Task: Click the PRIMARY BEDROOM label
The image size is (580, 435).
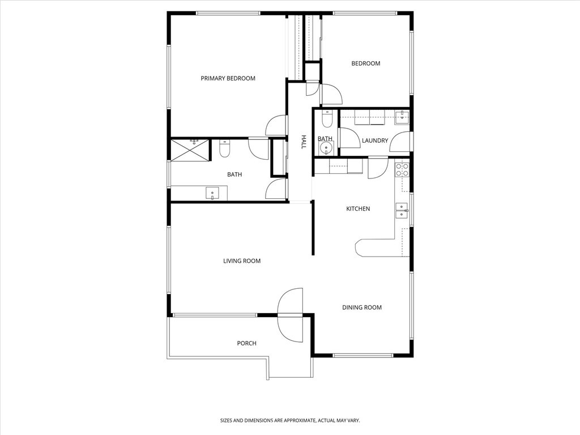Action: [228, 78]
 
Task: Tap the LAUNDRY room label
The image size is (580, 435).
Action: [375, 140]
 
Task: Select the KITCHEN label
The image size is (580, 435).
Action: [358, 208]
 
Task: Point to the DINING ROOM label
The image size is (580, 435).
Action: [362, 308]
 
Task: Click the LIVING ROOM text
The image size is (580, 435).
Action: [241, 261]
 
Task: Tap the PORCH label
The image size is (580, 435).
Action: [246, 343]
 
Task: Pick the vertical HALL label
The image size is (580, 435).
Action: [304, 142]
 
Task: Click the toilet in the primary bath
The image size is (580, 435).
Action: [224, 148]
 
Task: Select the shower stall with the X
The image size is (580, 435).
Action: [190, 150]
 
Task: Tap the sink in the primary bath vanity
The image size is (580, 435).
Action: [212, 194]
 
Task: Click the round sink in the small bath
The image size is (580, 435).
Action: [326, 148]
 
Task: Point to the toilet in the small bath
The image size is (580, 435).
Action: [327, 118]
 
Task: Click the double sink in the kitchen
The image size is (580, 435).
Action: [402, 211]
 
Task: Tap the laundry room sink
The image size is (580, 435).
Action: [402, 117]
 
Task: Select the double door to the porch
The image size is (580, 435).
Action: [290, 315]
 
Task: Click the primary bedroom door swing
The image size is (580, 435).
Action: [276, 125]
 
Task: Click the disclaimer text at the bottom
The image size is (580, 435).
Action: [290, 421]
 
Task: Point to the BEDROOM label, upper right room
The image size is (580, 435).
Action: [365, 63]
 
